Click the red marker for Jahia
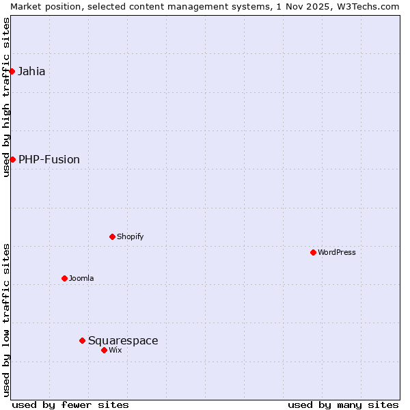[12, 71]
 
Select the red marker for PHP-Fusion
[12, 159]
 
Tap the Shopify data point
[112, 236]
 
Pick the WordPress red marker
[313, 252]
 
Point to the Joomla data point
[64, 278]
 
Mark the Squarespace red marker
[82, 340]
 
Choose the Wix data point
[104, 350]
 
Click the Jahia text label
[31, 71]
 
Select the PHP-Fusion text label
[49, 159]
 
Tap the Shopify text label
[130, 236]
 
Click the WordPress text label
[337, 252]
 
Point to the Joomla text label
[81, 278]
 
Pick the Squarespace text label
[123, 340]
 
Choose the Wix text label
[115, 350]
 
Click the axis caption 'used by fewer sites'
[70, 405]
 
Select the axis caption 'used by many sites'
[343, 405]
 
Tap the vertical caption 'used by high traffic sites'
[6, 97]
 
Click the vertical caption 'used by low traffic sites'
[6, 320]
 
